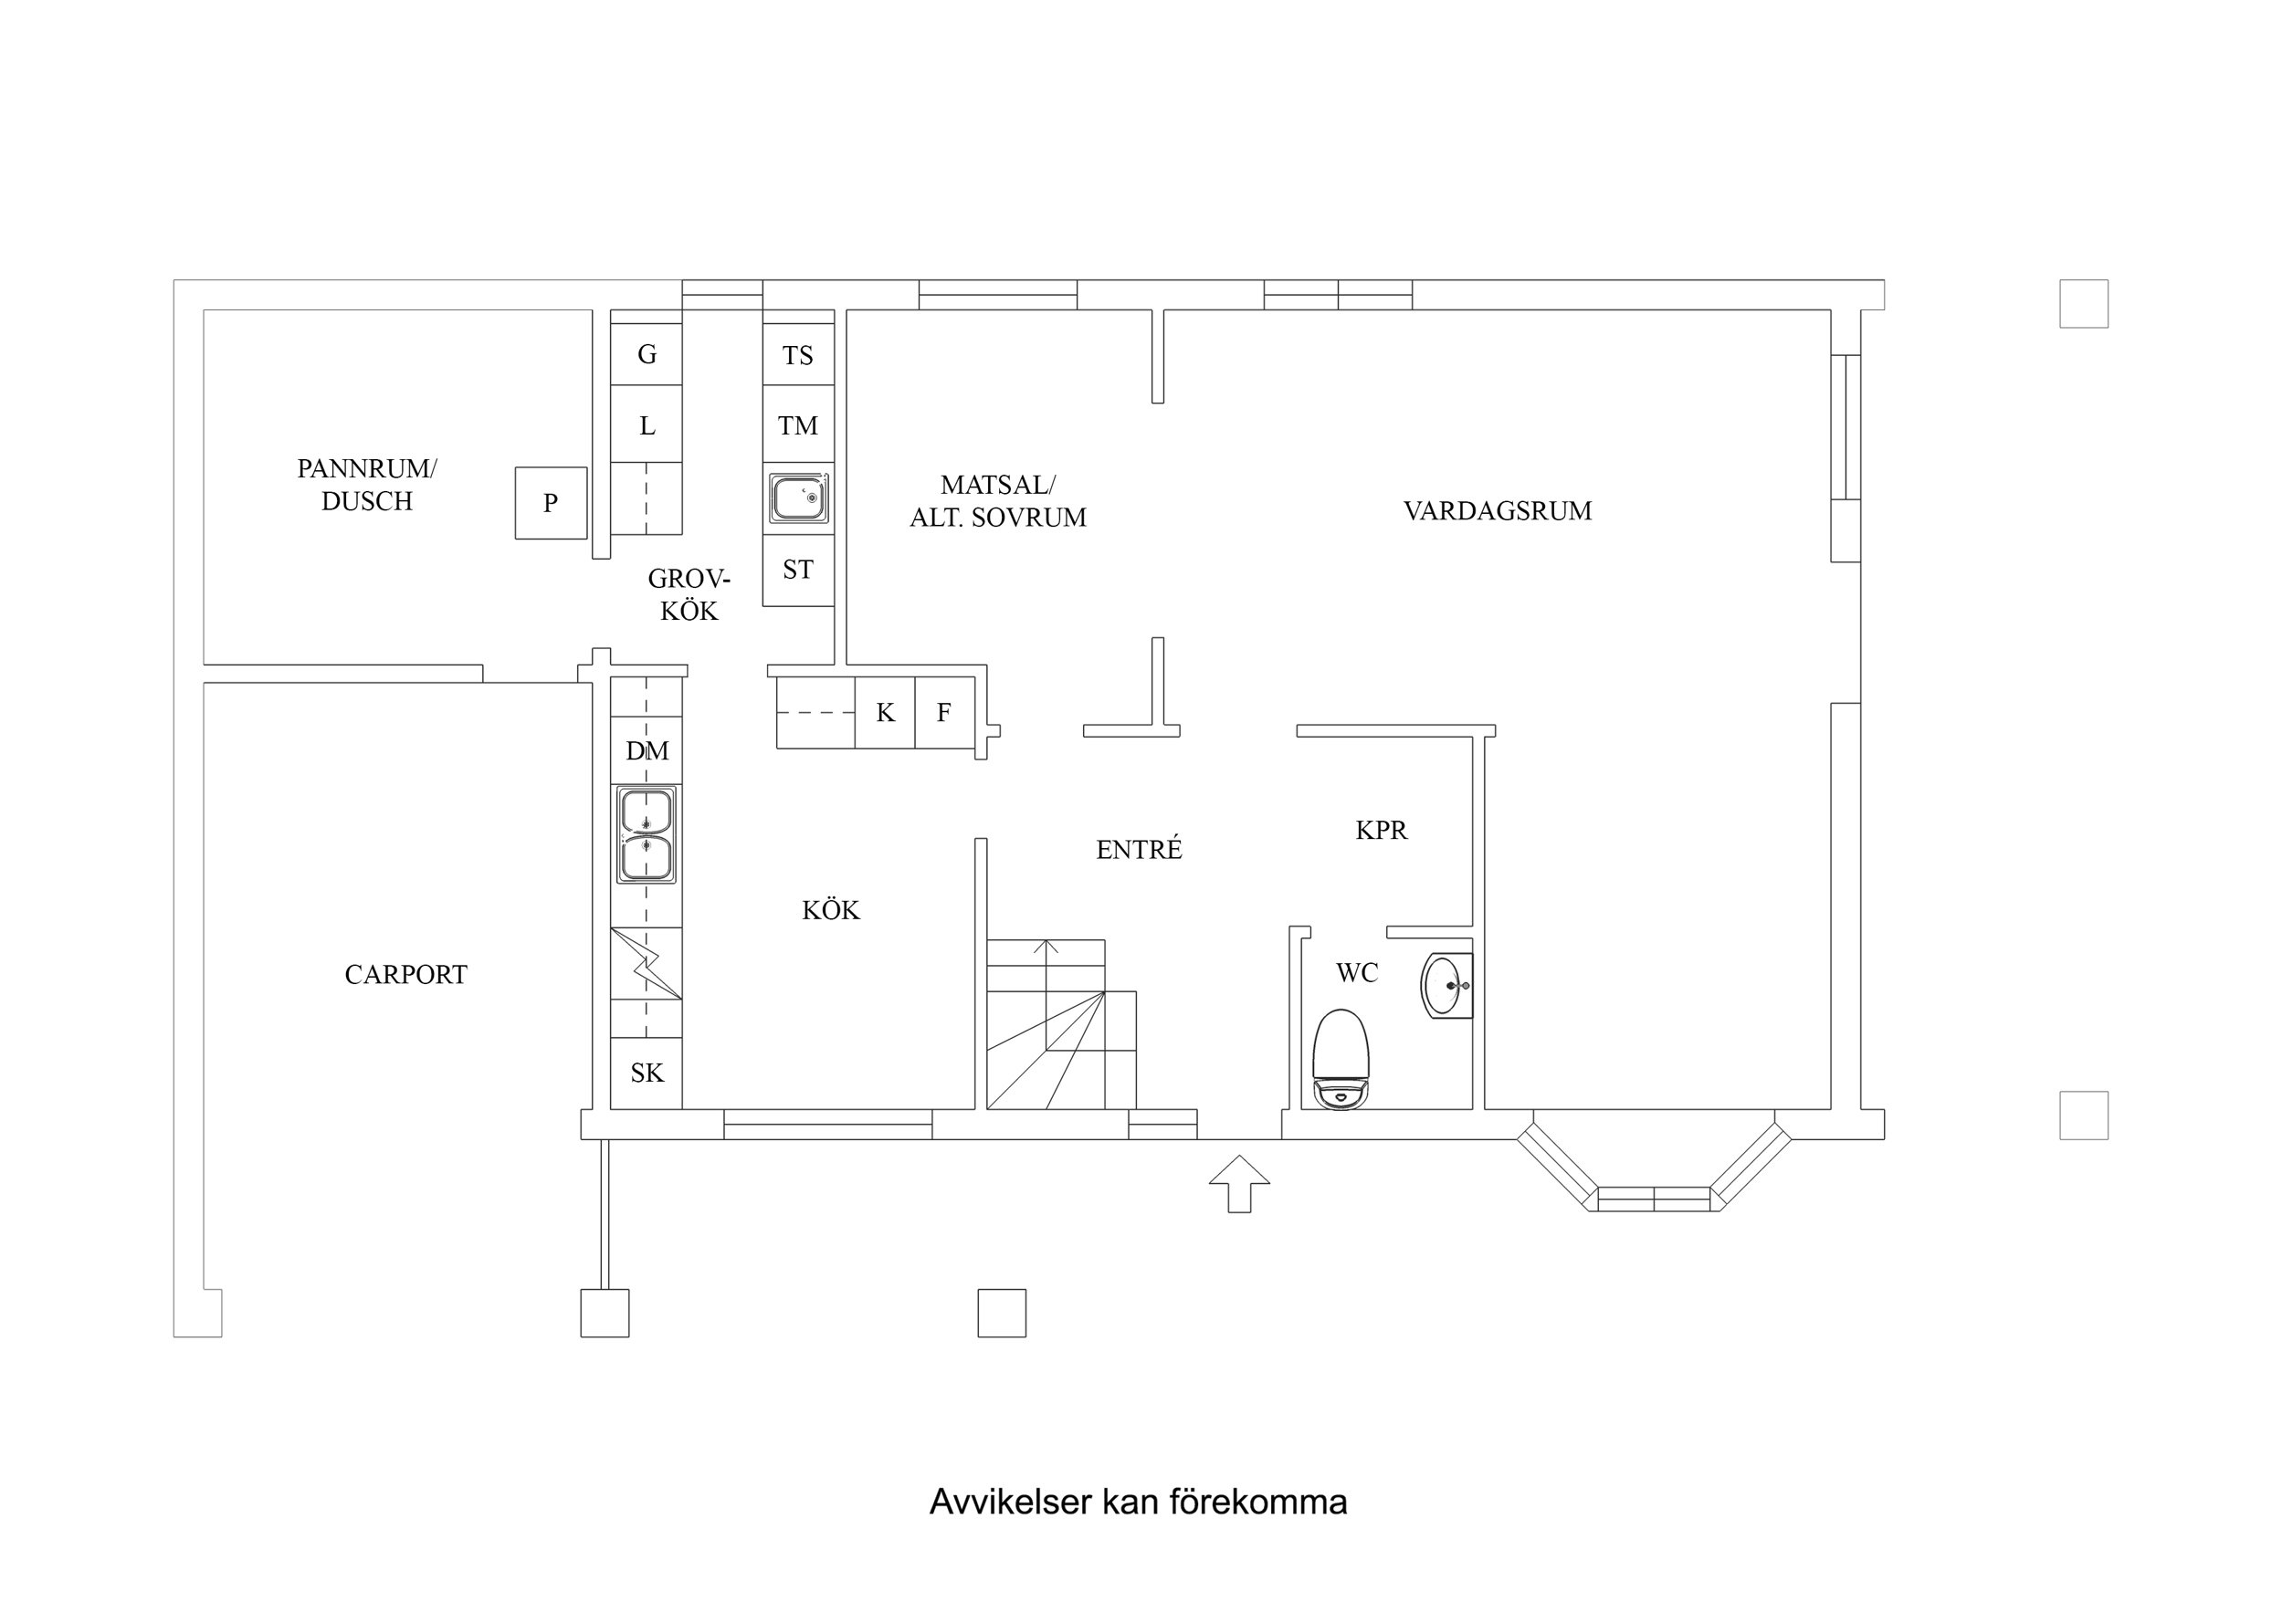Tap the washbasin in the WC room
(x=1446, y=986)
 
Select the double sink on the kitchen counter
(x=646, y=835)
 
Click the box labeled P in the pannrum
(x=551, y=503)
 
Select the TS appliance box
(x=798, y=355)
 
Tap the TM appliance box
(x=798, y=425)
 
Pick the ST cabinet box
(x=798, y=570)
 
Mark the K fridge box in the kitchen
(x=885, y=712)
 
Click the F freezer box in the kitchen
(x=944, y=712)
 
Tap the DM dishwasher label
(x=647, y=751)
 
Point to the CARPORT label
(x=405, y=975)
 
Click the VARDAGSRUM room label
(x=1497, y=511)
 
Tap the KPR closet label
(x=1381, y=830)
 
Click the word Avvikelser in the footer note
(x=1010, y=1502)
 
